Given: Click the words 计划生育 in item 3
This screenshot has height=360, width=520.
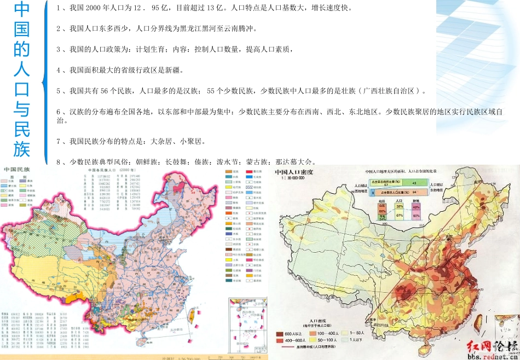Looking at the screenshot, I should (x=151, y=49).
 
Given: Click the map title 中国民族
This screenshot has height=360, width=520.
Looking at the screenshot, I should (x=17, y=171).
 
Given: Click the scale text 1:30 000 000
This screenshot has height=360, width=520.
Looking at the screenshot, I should (x=294, y=178).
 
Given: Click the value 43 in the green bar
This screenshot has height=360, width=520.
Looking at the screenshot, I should (x=414, y=183).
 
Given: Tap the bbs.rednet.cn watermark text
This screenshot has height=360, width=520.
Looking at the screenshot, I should (x=493, y=356).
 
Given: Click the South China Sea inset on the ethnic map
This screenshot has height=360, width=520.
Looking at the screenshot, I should (x=247, y=323).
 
